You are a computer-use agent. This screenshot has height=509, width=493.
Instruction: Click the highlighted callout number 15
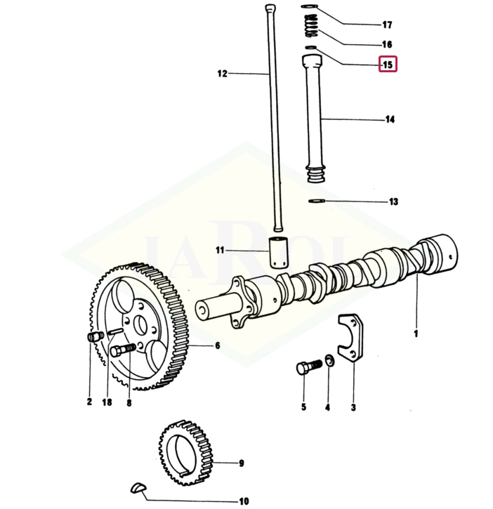[388, 64]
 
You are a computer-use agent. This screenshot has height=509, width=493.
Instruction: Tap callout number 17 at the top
[387, 25]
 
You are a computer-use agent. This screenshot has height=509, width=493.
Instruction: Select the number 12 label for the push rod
[223, 73]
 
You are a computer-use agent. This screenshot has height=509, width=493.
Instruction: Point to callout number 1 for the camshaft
[416, 333]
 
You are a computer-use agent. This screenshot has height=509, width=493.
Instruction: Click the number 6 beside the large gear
[218, 345]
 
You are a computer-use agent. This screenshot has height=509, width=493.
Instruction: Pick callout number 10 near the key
[244, 501]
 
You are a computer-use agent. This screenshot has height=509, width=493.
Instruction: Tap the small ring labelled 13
[317, 201]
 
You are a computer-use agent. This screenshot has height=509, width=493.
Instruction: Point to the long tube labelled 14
[313, 119]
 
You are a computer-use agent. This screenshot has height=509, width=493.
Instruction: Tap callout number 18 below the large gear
[107, 402]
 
